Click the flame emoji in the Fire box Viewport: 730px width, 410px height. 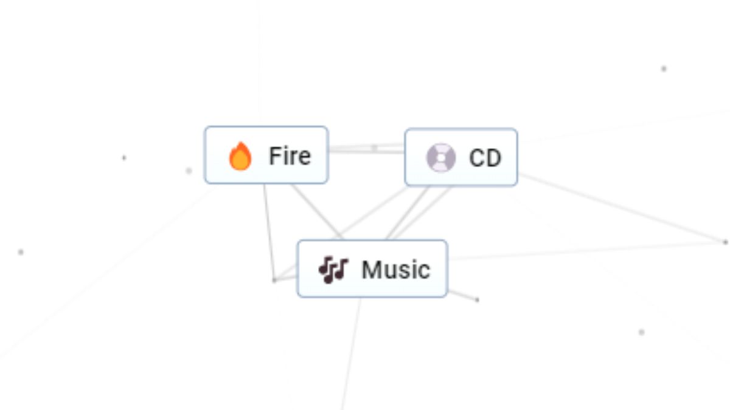[240, 157]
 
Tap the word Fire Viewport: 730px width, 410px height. [290, 156]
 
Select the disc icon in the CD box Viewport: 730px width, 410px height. [440, 158]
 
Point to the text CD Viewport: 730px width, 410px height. [485, 158]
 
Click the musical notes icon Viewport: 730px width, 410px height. [333, 270]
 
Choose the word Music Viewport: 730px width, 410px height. [395, 269]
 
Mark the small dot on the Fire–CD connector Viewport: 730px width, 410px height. [375, 147]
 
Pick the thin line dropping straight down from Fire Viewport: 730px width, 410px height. [268, 231]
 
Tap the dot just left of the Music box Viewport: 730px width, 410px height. [274, 280]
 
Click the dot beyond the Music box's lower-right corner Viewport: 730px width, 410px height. [477, 299]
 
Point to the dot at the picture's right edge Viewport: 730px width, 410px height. [725, 242]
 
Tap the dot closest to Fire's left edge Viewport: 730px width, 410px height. [189, 171]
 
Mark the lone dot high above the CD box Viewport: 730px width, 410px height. [664, 69]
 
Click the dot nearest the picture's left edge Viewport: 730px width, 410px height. [21, 252]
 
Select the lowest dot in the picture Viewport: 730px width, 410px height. [641, 332]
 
